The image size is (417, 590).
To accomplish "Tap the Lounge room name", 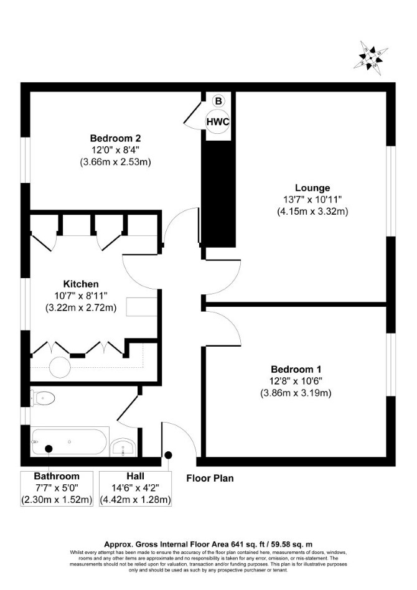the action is click(x=312, y=187).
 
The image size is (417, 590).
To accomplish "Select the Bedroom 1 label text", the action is click(x=296, y=369).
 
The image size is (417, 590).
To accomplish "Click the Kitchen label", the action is click(x=80, y=284).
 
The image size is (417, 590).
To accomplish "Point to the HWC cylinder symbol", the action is click(x=218, y=122).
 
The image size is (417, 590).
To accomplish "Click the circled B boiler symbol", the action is click(x=218, y=101).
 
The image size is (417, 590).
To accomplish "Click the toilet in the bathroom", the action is click(x=42, y=398).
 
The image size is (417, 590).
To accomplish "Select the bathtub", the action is click(x=69, y=441).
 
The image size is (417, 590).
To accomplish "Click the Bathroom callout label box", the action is click(x=57, y=488).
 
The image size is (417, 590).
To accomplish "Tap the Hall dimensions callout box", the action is click(x=136, y=488).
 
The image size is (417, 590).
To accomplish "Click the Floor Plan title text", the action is click(x=210, y=478).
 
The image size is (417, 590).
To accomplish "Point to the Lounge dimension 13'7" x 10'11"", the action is click(x=312, y=199).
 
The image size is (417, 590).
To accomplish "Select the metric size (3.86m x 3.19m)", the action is click(x=296, y=393).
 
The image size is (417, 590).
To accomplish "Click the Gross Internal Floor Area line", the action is click(x=208, y=544).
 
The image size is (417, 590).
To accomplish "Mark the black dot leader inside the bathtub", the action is click(x=49, y=448).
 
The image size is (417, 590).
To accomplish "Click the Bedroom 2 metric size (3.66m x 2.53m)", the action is click(x=116, y=162).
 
